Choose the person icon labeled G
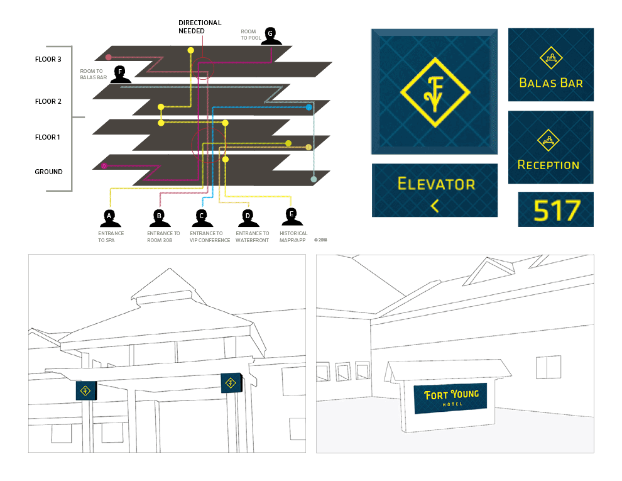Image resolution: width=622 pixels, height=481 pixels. (270, 36)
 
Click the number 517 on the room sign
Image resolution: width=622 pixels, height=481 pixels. (555, 211)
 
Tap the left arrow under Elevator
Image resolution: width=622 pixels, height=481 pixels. (434, 206)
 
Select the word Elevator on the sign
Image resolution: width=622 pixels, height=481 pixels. (436, 184)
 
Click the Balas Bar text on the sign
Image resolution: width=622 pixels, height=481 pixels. (551, 82)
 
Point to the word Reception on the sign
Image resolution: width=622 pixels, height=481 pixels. (548, 165)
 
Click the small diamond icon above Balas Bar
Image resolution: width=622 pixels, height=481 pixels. (552, 58)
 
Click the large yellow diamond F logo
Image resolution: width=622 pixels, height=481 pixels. (434, 93)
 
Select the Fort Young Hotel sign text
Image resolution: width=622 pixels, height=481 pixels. (451, 397)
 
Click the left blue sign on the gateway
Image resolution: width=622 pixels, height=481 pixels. (85, 391)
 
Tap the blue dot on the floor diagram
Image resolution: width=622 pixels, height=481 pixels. (308, 108)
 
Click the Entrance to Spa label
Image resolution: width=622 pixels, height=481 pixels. (111, 236)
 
